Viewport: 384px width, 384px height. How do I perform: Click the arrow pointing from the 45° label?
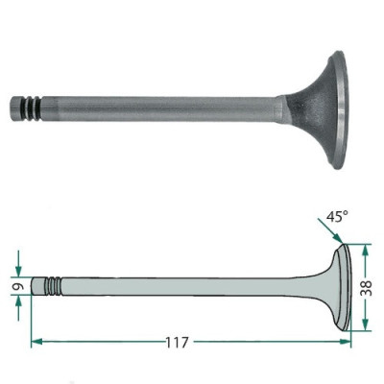[325, 235]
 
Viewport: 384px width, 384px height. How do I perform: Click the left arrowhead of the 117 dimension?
[36, 340]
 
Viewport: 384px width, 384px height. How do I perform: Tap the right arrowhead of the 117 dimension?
[345, 340]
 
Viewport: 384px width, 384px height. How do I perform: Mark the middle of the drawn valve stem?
[182, 286]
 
